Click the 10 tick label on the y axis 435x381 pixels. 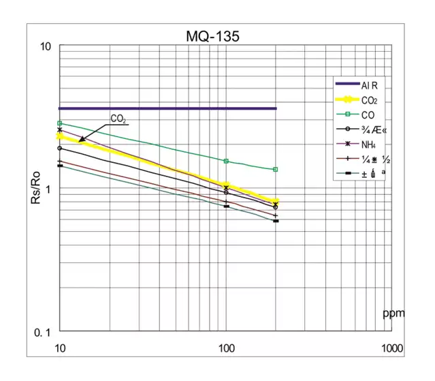[46, 47]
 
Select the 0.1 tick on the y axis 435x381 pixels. [43, 332]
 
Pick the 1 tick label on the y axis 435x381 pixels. [48, 189]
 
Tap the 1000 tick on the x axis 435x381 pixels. [391, 348]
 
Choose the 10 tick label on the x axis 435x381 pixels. [60, 348]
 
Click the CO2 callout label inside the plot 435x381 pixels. [118, 119]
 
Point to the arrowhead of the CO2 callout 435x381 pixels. [80, 142]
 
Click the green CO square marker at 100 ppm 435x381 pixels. [226, 161]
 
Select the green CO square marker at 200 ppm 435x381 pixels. [276, 169]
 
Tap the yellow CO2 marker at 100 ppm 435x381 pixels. [226, 186]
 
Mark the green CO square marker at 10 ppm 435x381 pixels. [60, 123]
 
